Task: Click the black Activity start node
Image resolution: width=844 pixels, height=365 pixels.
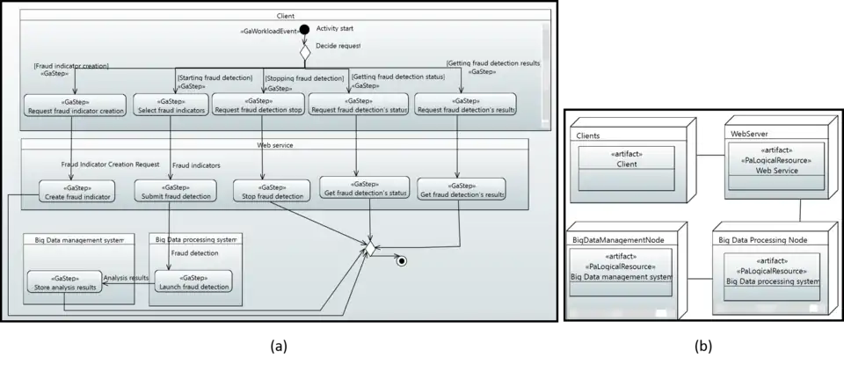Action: (305, 30)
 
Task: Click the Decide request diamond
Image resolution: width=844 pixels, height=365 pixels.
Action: (305, 52)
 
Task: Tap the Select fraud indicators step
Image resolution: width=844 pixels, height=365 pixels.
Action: (171, 106)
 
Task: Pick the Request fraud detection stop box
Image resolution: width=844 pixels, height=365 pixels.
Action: (258, 106)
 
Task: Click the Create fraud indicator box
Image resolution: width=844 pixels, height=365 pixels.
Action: (77, 192)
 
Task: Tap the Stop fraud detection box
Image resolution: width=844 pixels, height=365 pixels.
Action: (272, 192)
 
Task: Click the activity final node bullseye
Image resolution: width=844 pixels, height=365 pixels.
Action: (401, 260)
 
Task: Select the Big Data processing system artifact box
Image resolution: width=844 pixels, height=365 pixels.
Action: (772, 276)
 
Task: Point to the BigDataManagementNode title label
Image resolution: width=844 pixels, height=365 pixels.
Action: (618, 239)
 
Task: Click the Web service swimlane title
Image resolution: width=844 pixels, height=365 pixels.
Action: (275, 144)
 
